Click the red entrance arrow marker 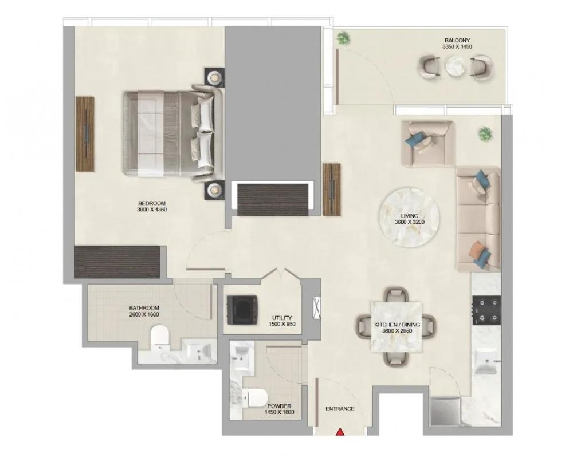coord(340,432)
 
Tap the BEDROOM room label coord(152,203)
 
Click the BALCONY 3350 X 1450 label coord(457,44)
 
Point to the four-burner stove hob coord(486,310)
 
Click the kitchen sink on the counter coord(486,361)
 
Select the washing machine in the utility coord(242,309)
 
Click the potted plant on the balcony coord(343,38)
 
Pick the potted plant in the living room coord(485,133)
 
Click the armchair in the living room coord(427,144)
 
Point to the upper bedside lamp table coord(214,78)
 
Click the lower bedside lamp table coord(214,190)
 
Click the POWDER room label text coord(279,406)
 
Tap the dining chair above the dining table coord(396,294)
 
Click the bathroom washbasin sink coord(199,350)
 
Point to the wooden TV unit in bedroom coord(85,133)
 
